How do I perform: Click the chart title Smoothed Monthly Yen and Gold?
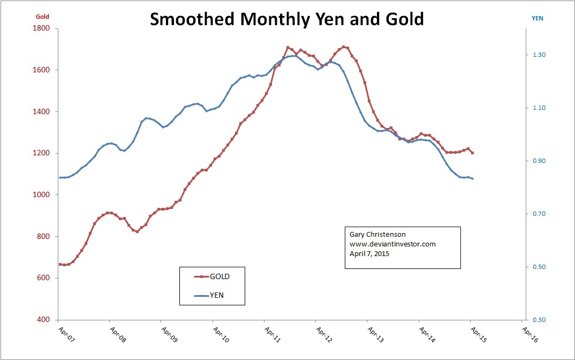[286, 19]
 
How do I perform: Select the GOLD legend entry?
[220, 276]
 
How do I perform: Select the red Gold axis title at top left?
[42, 17]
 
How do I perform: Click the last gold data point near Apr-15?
[472, 153]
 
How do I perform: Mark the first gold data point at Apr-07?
[60, 264]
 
